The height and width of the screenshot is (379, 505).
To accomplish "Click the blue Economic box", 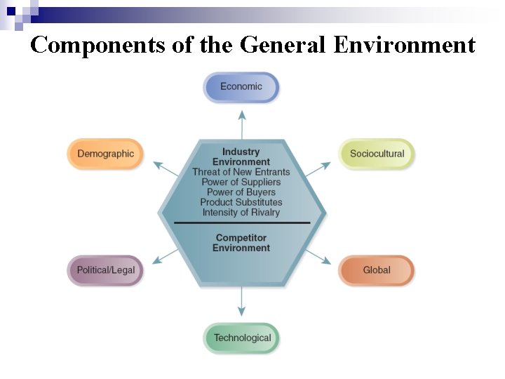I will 241,87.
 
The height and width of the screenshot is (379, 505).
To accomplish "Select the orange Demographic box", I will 105,154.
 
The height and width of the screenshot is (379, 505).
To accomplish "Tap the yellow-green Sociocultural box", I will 377,154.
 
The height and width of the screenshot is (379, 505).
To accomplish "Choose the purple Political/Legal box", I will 105,270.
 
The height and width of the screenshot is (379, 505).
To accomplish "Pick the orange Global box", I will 377,270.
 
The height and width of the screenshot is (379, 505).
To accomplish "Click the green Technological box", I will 241,338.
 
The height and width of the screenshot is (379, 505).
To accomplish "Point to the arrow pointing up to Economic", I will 242,124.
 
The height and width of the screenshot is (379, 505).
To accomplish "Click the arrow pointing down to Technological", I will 242,302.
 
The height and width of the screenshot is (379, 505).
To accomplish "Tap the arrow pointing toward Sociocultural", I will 318,168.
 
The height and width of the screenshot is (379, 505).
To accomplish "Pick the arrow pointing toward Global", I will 318,255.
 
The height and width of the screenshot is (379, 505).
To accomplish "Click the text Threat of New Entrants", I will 241,172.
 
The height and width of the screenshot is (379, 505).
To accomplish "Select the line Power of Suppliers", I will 241,182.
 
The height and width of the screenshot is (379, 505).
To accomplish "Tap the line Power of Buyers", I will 241,192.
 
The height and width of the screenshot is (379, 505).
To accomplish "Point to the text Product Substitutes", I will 241,202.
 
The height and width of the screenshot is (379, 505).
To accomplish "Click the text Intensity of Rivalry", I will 241,212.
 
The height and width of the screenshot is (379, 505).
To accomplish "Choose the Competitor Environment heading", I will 241,243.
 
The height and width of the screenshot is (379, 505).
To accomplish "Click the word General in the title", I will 283,45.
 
